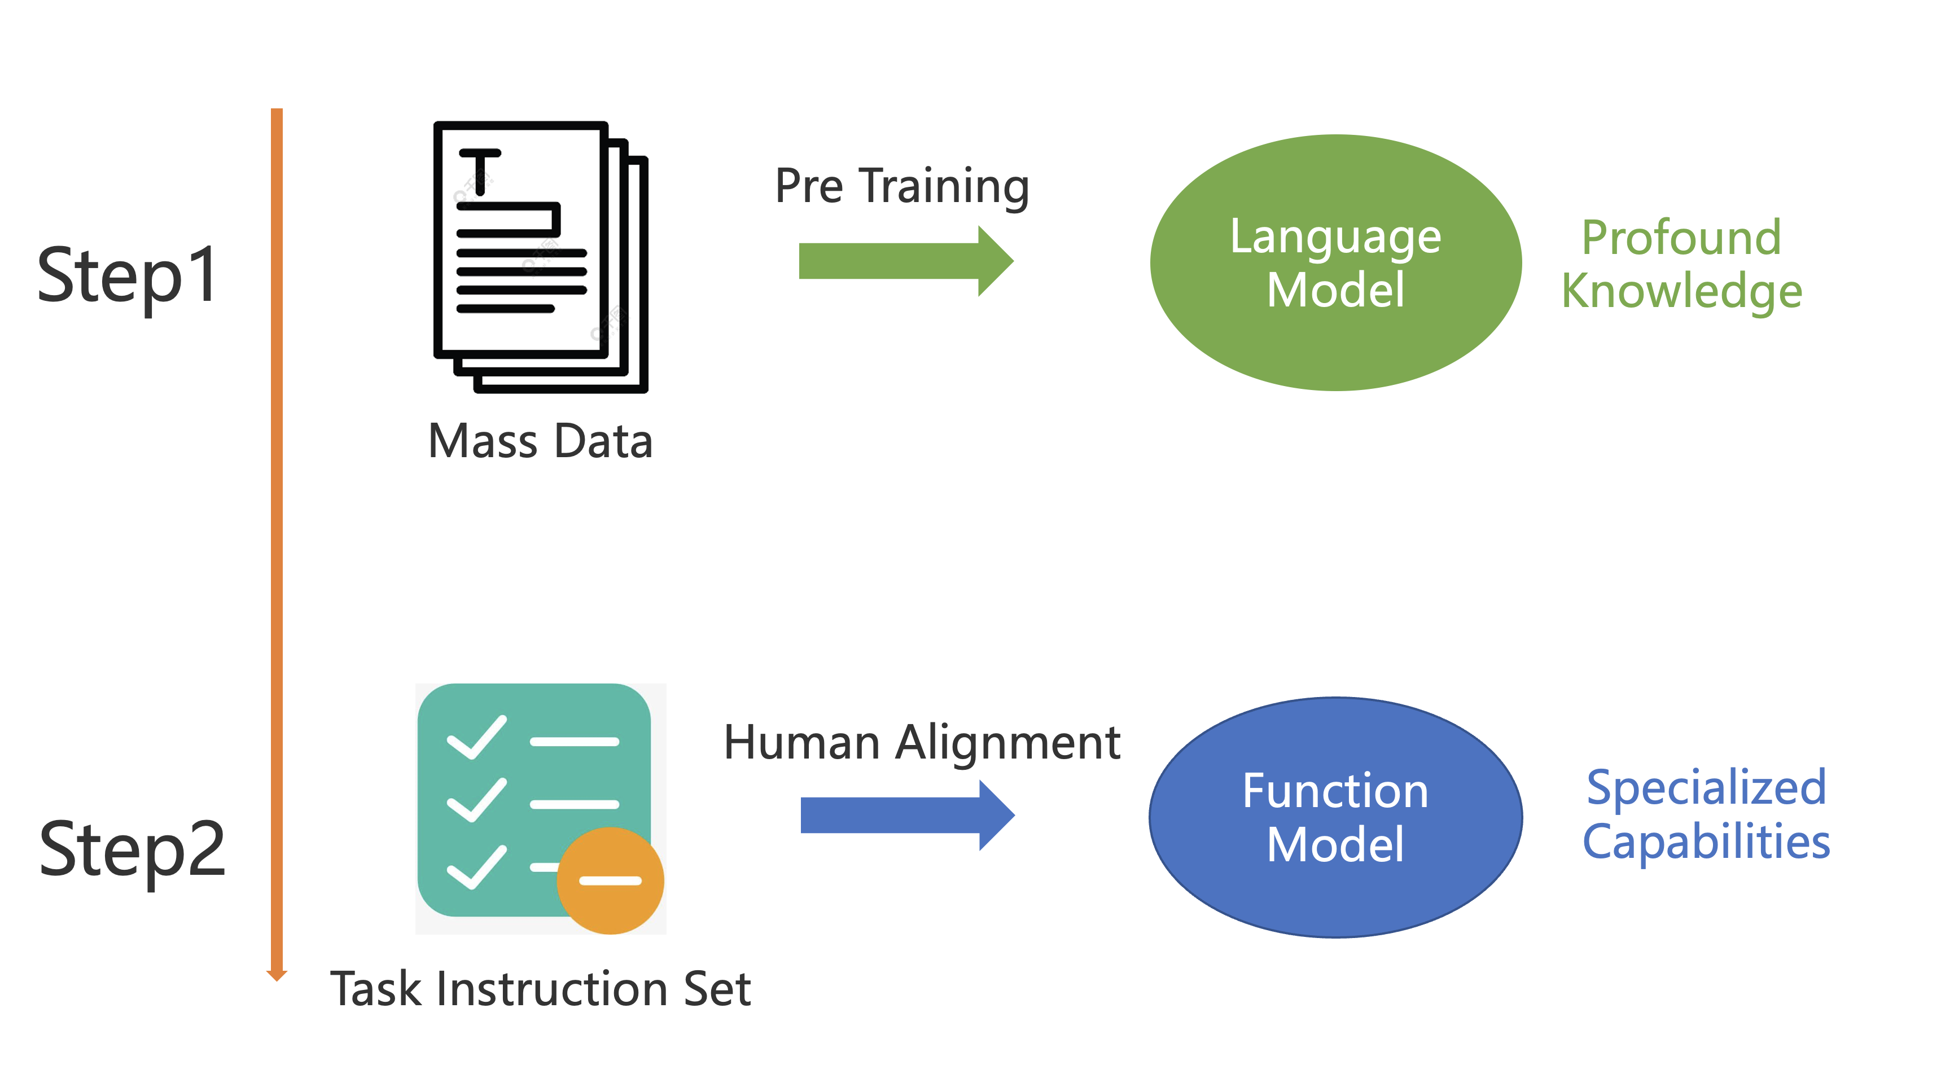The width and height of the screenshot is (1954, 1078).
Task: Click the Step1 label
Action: pyautogui.click(x=128, y=276)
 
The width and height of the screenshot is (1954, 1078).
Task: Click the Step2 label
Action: pyautogui.click(x=132, y=849)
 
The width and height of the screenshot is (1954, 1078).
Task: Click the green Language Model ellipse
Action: pyautogui.click(x=1335, y=262)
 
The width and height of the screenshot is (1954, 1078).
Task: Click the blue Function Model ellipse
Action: pyautogui.click(x=1335, y=817)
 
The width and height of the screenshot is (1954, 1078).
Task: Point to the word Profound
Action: pyautogui.click(x=1681, y=238)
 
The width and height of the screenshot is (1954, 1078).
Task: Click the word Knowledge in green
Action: pyautogui.click(x=1681, y=291)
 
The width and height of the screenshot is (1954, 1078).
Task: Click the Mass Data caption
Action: pyautogui.click(x=540, y=441)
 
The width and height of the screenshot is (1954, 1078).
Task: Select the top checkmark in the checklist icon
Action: pyautogui.click(x=476, y=737)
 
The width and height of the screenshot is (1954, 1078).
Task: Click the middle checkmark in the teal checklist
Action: pyautogui.click(x=476, y=800)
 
